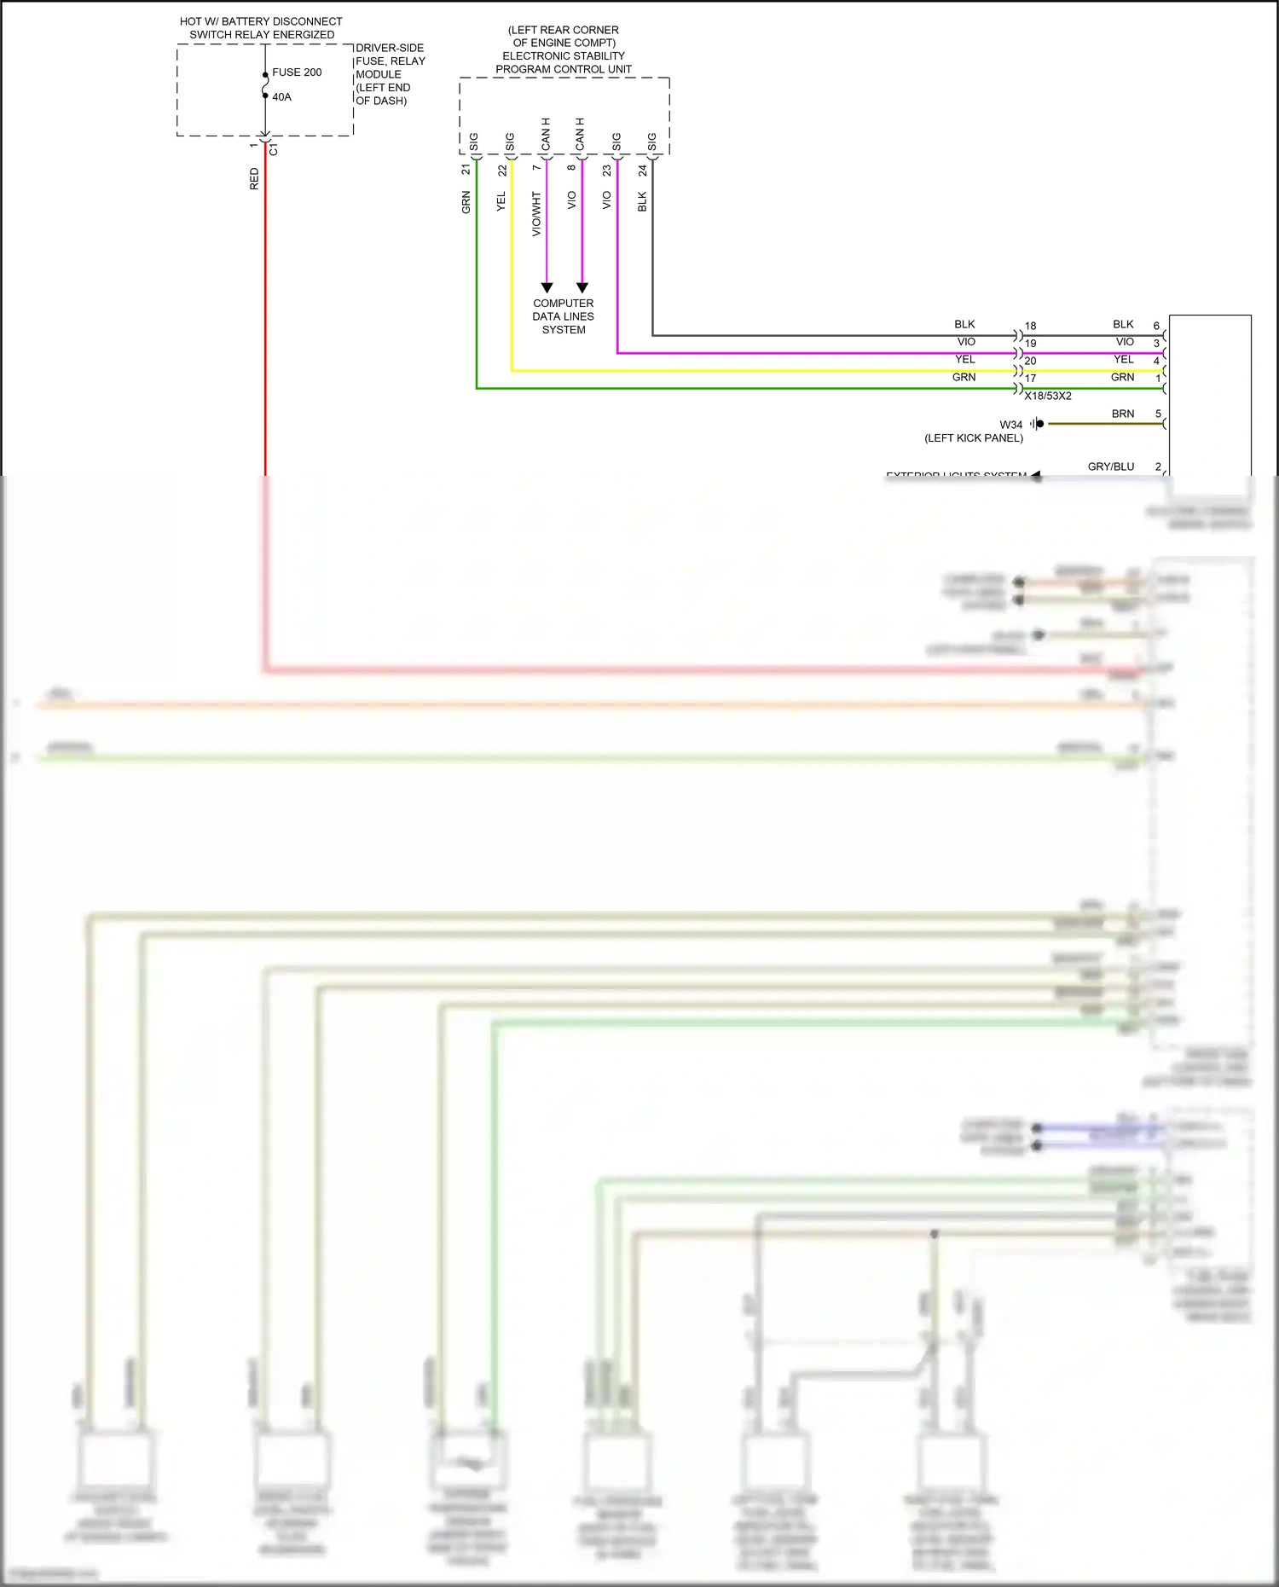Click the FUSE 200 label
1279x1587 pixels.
click(x=297, y=72)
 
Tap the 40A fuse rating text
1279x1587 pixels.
click(x=281, y=97)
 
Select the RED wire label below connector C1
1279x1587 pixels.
click(x=254, y=179)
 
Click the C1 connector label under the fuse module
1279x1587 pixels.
click(x=274, y=150)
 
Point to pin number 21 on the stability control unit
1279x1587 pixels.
click(x=466, y=170)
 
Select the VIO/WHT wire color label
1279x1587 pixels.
click(x=536, y=214)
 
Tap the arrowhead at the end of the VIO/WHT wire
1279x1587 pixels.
click(x=547, y=288)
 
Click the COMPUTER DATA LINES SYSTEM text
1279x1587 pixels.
click(x=563, y=316)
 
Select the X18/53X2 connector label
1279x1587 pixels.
click(x=1048, y=396)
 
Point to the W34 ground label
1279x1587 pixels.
click(x=1010, y=425)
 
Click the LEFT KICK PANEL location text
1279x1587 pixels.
click(x=974, y=438)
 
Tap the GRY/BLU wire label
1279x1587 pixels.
click(x=1110, y=466)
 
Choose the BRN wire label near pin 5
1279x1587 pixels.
click(x=1122, y=414)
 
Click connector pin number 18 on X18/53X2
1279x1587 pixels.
click(x=1030, y=326)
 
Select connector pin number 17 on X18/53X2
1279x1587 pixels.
click(x=1030, y=379)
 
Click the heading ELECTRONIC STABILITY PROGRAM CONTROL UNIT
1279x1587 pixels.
click(x=563, y=62)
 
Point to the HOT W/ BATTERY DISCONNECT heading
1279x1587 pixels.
click(x=261, y=21)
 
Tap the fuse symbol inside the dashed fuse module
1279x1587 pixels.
click(x=265, y=85)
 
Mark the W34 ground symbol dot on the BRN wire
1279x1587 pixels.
click(x=1039, y=424)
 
